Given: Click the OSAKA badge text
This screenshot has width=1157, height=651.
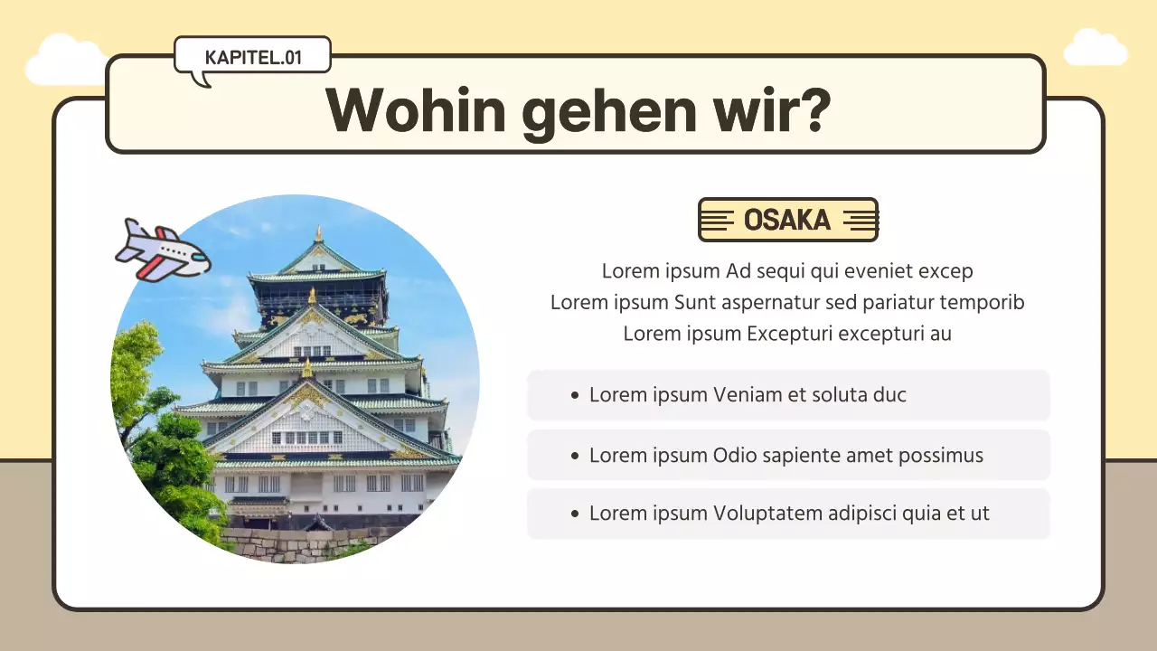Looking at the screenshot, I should pyautogui.click(x=786, y=220).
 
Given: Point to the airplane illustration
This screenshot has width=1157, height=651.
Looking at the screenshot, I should pyautogui.click(x=163, y=250).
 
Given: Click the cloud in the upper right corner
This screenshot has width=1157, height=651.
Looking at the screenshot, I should pyautogui.click(x=1095, y=48).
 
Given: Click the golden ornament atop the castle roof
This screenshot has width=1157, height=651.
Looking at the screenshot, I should pyautogui.click(x=318, y=235).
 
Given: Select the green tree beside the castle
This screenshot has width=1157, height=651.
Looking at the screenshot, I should pyautogui.click(x=158, y=434).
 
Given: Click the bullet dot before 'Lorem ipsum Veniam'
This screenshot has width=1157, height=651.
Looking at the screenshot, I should pyautogui.click(x=575, y=396).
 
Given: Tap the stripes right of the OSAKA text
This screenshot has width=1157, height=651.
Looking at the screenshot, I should pyautogui.click(x=860, y=220).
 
